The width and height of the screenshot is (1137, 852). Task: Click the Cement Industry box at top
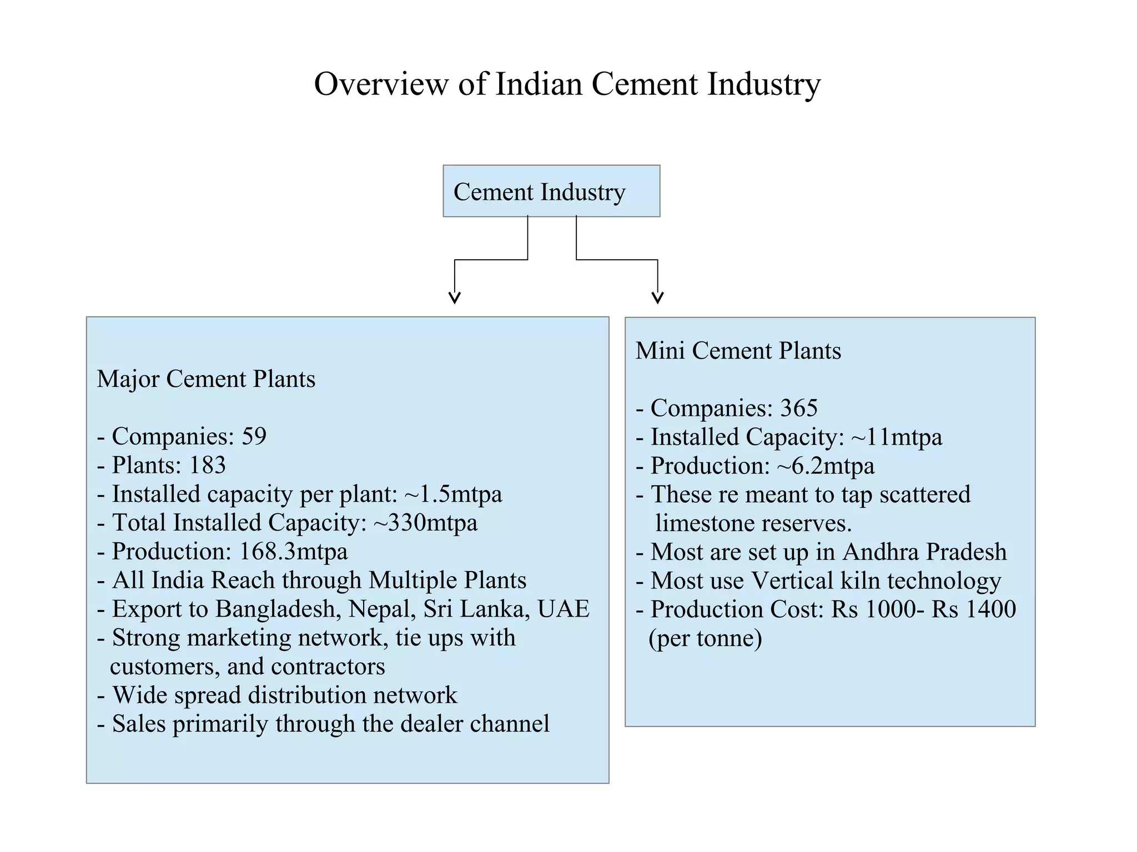click(x=551, y=191)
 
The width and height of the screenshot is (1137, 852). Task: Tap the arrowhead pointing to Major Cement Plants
click(x=455, y=298)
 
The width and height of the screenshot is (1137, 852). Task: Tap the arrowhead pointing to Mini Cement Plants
click(x=658, y=298)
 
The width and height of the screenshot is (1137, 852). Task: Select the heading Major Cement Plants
click(x=206, y=379)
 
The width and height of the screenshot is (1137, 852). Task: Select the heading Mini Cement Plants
click(x=738, y=351)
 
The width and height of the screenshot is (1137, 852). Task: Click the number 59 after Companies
click(x=254, y=436)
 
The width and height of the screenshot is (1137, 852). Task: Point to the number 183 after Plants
click(x=207, y=465)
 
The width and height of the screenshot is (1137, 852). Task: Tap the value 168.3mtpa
click(x=293, y=552)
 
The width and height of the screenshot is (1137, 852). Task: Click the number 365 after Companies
click(x=799, y=408)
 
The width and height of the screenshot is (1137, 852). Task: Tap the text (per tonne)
click(x=705, y=638)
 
